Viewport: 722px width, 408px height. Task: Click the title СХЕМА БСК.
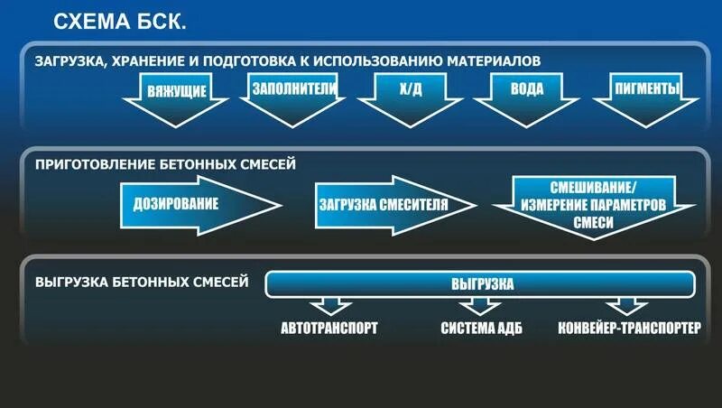tap(119, 22)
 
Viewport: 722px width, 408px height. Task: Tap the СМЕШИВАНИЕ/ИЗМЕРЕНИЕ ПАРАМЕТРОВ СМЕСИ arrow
tap(593, 204)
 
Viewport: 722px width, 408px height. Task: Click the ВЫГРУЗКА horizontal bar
tap(482, 284)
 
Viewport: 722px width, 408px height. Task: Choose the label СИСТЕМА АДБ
tap(482, 328)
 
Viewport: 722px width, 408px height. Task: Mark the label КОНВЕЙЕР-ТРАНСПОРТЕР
tap(629, 328)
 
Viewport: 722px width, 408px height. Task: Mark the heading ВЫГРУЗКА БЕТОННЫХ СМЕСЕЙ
tap(142, 282)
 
